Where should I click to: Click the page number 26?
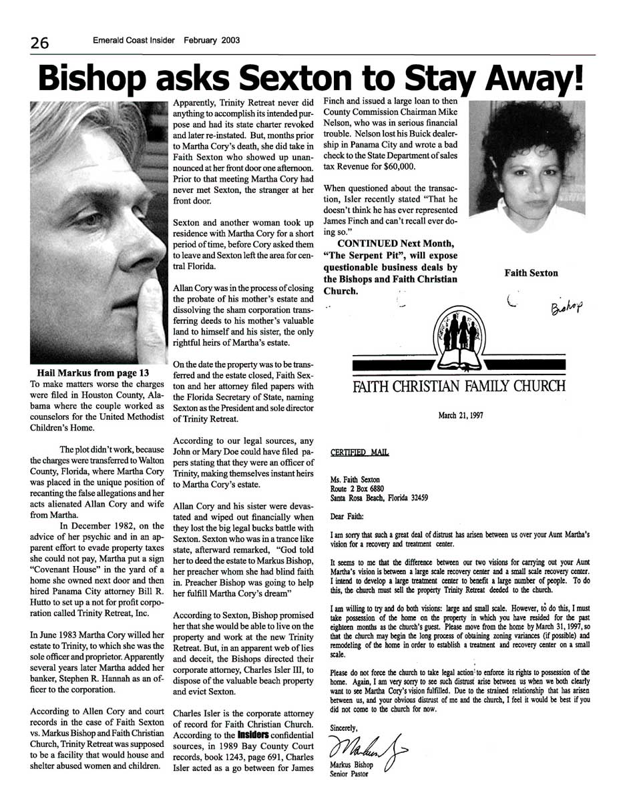(x=39, y=43)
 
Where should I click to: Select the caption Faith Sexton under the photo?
(x=531, y=272)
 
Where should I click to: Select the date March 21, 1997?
(x=461, y=415)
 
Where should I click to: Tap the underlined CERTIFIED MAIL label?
(x=360, y=453)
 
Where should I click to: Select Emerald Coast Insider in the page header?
(x=134, y=41)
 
